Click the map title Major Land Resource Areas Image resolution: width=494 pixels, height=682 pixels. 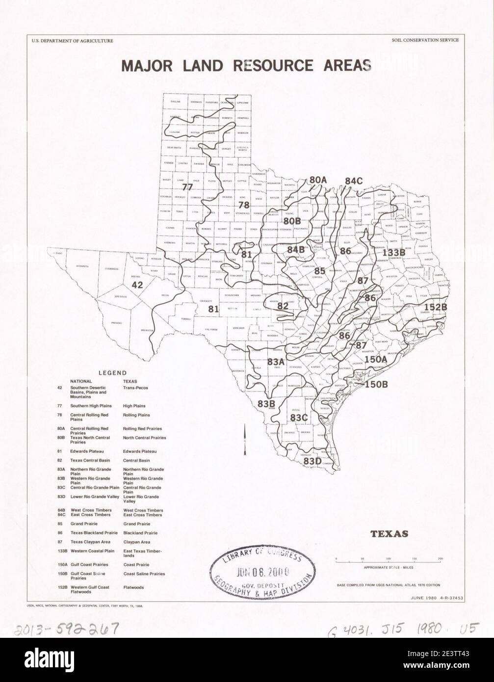tap(246, 66)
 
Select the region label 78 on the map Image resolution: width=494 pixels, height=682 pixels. tap(244, 205)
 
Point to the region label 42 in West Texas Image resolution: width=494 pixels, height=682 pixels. tap(137, 285)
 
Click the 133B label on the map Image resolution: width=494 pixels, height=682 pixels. tap(393, 252)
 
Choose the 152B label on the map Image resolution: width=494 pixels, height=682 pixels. tap(435, 307)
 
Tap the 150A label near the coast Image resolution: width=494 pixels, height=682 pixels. tap(376, 360)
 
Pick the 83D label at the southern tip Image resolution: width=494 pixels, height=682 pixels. tap(312, 461)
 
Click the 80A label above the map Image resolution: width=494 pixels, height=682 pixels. tap(318, 180)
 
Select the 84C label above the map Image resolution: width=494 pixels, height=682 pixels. tap(353, 181)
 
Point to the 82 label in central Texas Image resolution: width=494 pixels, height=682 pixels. tap(283, 306)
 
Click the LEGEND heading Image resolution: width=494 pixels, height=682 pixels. tap(112, 373)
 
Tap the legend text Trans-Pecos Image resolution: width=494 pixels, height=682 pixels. tap(135, 388)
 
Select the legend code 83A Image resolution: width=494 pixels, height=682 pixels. tap(61, 470)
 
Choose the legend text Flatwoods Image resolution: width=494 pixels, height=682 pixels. tap(133, 587)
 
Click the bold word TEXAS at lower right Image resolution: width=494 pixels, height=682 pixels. tap(389, 534)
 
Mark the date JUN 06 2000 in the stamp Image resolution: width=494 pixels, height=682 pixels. tap(262, 572)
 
